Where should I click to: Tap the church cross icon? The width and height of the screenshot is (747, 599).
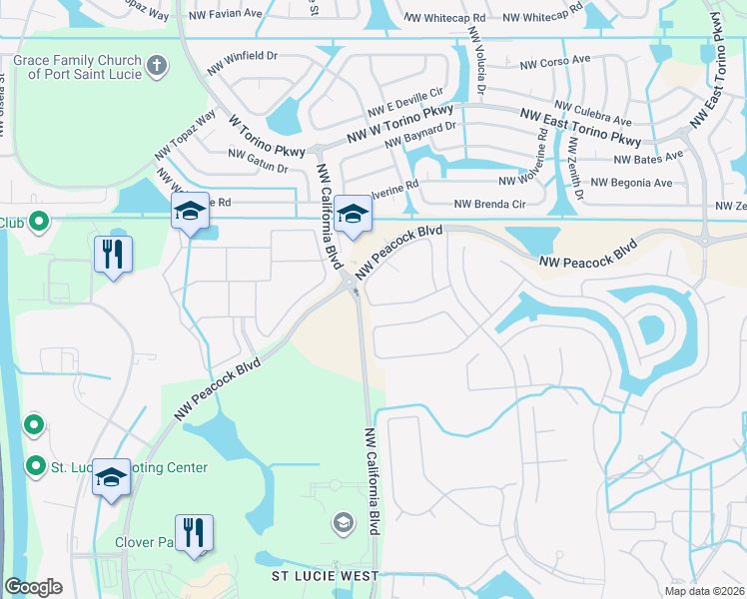155,67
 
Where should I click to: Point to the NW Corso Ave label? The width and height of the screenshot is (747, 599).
562,63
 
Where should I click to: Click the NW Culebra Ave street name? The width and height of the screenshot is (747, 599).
593,113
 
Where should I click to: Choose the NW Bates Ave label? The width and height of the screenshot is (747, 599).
648,158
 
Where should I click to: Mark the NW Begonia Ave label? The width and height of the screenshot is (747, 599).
631,183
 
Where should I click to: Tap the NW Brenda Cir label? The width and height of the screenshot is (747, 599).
489,204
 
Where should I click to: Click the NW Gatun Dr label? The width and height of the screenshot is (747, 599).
258,160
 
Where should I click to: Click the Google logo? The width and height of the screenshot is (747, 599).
33,587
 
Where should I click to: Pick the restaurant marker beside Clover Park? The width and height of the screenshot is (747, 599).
193,531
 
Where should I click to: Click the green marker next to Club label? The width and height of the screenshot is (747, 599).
39,222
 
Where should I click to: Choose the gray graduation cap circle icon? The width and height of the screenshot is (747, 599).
343,523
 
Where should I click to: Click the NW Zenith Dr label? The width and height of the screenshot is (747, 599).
573,160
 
